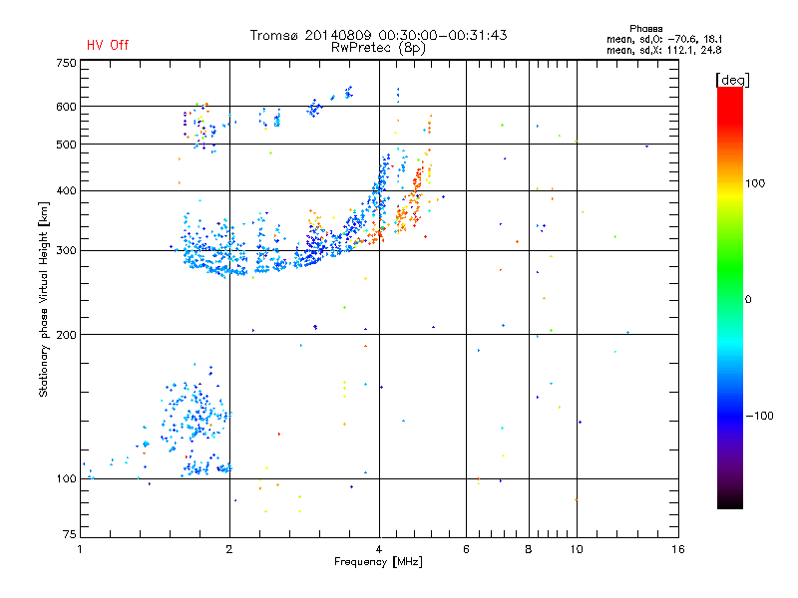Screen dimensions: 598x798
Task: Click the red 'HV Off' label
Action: point(108,45)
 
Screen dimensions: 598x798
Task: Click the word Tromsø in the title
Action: point(275,35)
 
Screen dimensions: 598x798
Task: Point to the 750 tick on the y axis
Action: point(66,63)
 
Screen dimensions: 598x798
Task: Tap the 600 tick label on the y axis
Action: point(66,107)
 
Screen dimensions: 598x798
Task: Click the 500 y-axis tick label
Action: point(66,145)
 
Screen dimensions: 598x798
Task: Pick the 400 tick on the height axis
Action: point(66,190)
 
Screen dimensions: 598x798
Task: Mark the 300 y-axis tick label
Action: point(66,251)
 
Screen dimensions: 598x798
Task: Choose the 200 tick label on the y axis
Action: point(66,335)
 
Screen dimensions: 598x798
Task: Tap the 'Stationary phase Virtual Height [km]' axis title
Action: point(44,300)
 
